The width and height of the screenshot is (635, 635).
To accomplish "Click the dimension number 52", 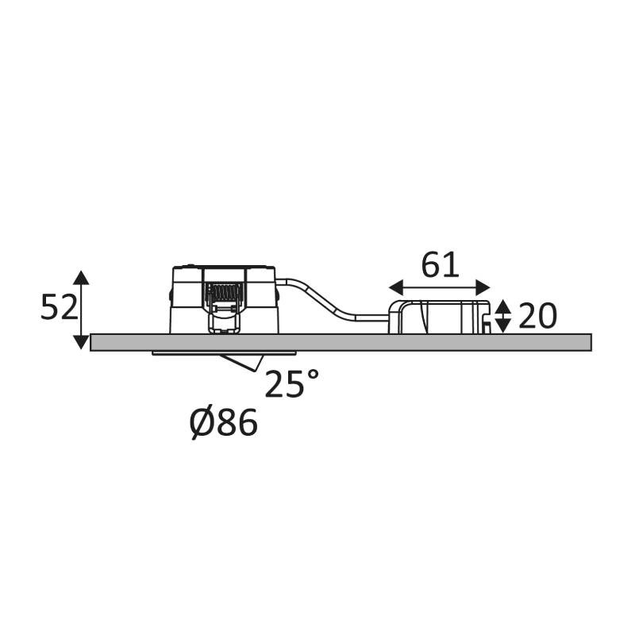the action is click(59, 307).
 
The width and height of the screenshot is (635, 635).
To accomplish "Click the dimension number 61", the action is click(441, 265).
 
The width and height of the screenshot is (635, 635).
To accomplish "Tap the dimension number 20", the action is click(537, 316).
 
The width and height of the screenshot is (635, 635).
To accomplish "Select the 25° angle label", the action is click(291, 383).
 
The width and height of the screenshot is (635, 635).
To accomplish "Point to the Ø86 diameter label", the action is click(224, 423).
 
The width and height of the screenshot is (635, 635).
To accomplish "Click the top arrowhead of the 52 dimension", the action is click(82, 277).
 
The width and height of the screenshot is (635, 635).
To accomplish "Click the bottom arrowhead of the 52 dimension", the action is click(82, 341).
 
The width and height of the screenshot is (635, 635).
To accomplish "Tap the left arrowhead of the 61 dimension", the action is click(396, 287).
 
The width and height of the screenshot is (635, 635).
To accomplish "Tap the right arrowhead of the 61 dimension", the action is click(483, 287).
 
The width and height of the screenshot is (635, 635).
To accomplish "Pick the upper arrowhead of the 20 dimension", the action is click(503, 306).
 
